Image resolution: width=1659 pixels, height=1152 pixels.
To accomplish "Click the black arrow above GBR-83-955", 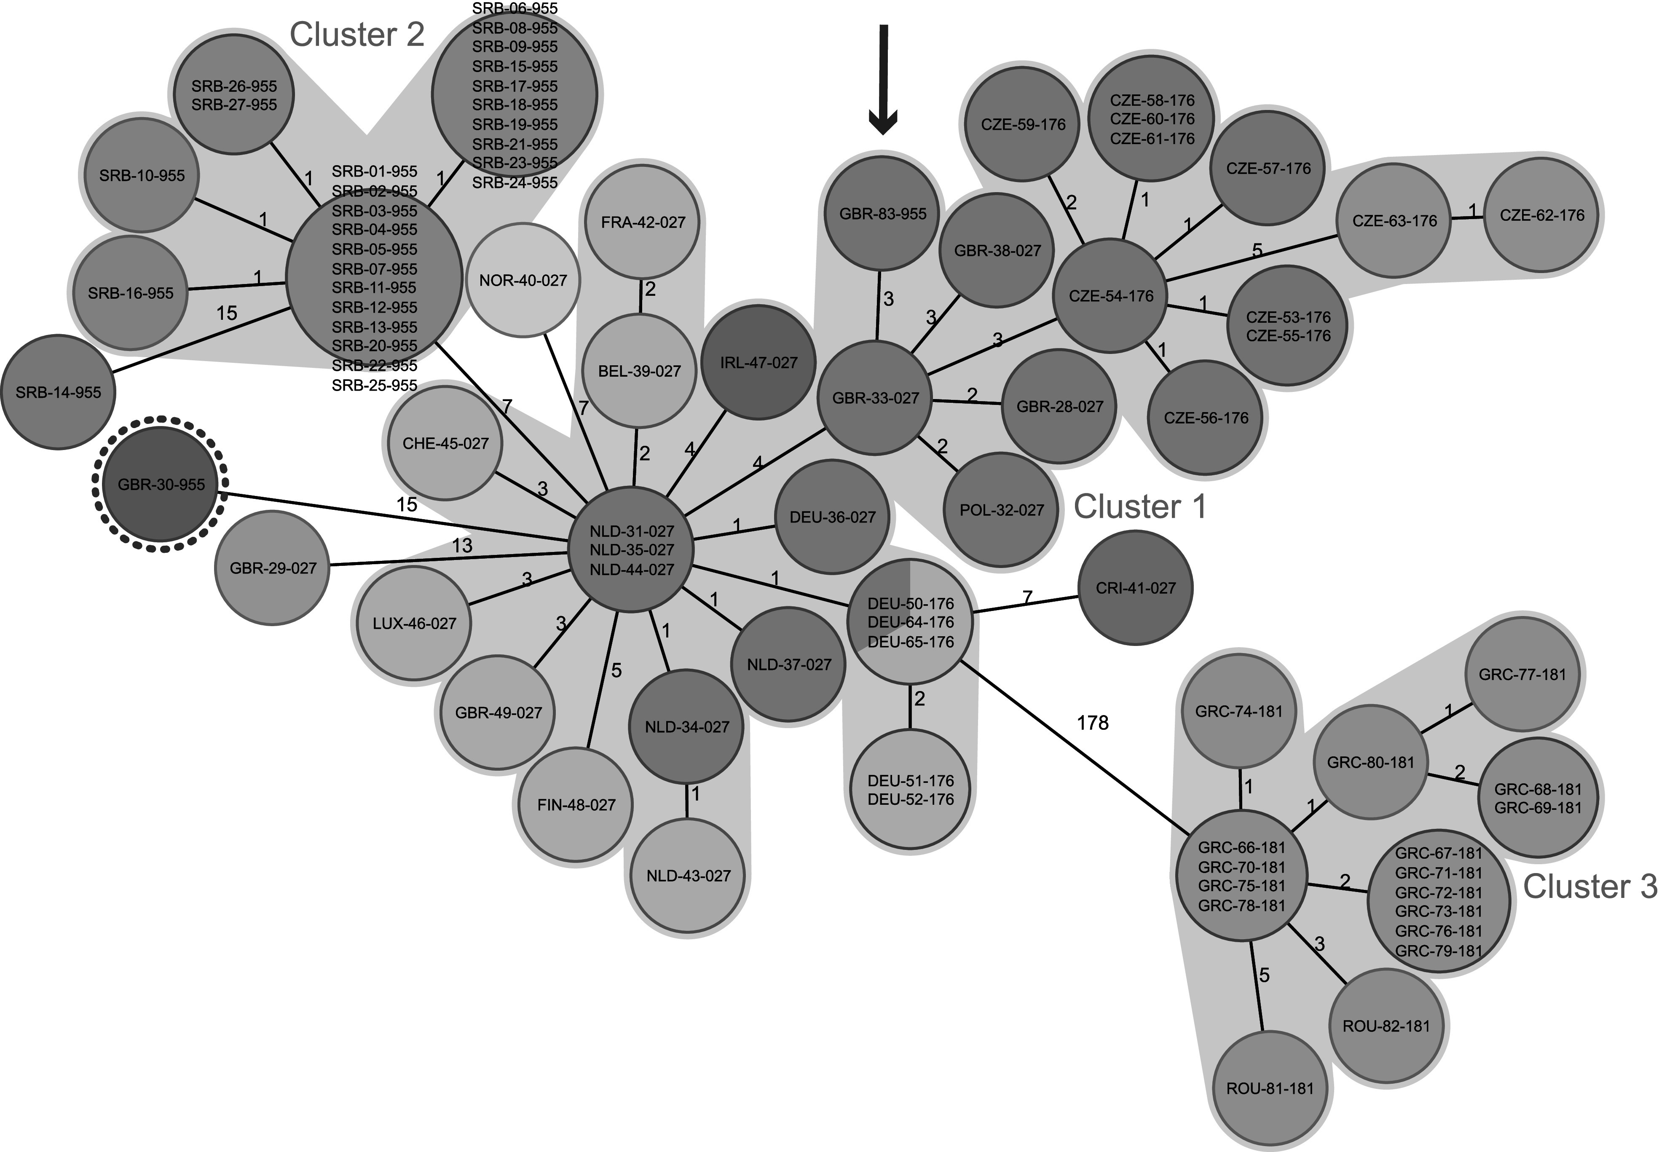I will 882,79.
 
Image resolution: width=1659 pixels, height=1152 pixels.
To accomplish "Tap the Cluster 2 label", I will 356,35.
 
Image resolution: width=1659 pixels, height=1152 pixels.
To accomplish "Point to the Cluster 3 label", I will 1590,887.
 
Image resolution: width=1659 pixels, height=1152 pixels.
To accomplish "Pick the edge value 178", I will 1092,723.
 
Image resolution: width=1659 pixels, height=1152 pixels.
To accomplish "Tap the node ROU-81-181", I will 1270,1088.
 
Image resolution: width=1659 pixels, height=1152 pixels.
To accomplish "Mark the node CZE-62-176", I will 1541,215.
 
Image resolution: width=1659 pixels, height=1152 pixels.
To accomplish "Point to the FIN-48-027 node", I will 576,804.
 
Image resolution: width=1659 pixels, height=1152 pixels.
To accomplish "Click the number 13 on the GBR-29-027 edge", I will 462,546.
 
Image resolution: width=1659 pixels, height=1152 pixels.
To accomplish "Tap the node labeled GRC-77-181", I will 1522,674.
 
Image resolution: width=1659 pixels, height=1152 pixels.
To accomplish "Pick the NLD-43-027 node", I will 688,876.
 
